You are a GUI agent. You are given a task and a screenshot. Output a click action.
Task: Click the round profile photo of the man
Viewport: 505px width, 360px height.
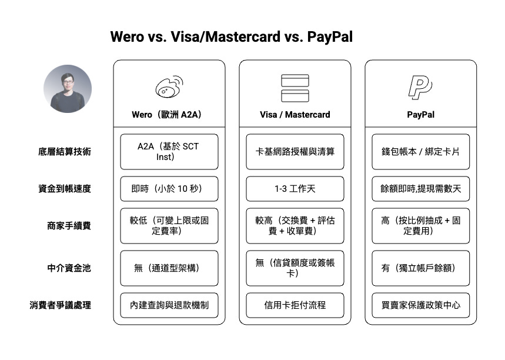68,89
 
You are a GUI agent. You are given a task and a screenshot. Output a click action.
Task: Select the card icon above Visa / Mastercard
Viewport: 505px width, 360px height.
295,88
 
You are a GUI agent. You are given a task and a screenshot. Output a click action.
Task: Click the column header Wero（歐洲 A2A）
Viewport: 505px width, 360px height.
169,115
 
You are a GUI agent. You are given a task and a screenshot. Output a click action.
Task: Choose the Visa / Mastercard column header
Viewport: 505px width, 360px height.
295,115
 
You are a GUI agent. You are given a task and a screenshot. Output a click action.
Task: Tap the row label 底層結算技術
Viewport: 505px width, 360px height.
65,151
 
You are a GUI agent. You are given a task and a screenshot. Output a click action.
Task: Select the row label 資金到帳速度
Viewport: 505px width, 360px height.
65,189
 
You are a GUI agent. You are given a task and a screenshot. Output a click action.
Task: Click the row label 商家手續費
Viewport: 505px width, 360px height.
69,225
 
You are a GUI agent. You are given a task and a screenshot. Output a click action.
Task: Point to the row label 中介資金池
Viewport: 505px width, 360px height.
69,268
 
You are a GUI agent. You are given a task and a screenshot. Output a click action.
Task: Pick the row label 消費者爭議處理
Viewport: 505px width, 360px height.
61,305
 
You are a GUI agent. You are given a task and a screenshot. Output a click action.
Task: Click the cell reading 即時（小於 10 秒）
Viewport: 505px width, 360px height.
169,189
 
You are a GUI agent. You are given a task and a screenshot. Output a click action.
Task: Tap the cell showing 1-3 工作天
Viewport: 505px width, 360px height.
295,189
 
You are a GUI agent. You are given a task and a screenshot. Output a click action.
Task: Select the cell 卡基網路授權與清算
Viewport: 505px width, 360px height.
295,151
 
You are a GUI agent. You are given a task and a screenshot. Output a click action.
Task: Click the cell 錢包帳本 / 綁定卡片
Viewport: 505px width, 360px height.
421,151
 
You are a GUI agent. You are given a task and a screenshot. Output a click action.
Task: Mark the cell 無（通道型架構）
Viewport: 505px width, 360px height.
169,268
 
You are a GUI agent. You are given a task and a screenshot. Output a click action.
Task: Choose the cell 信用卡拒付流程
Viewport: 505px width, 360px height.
295,305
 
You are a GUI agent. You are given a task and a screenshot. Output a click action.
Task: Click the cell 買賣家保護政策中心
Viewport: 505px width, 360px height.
421,305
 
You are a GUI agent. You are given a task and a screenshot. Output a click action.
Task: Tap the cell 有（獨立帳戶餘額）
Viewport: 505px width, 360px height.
421,268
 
